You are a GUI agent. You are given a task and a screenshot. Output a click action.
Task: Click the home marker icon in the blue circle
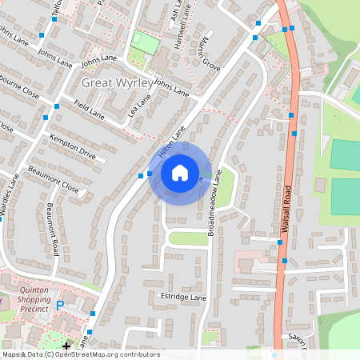point(180,173)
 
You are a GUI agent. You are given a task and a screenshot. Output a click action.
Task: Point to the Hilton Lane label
point(171,139)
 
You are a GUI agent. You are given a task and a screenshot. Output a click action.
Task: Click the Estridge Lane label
point(185,297)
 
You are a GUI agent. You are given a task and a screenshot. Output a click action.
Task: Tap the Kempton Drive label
point(72,146)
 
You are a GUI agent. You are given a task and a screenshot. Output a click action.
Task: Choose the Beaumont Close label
point(54,178)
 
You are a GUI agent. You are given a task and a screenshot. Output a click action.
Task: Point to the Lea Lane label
point(138,106)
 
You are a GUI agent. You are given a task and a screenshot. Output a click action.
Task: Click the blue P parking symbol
point(59,306)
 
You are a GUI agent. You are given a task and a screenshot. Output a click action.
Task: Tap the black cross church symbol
point(66,346)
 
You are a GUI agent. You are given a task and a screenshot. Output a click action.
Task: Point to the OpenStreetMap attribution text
point(80,354)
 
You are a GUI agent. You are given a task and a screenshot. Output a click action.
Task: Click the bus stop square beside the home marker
point(150,172)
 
